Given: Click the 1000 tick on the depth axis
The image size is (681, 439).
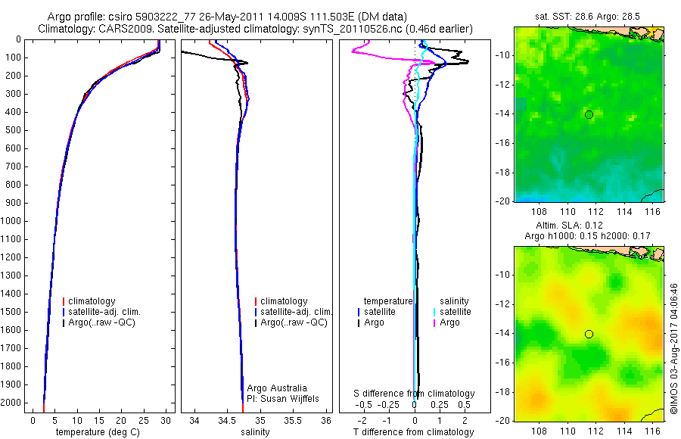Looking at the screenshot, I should [13, 221].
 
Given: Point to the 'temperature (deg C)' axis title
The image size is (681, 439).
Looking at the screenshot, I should [95, 432].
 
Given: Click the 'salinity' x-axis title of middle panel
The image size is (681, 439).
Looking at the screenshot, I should [254, 432].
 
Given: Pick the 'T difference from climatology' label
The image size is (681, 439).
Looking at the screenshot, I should [415, 432].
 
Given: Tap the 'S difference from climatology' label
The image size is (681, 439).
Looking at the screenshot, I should [415, 394].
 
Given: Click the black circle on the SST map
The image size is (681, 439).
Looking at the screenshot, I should [589, 115].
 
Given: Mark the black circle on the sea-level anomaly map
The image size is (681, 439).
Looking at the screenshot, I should [589, 334].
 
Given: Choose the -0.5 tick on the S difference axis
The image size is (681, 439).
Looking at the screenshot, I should [367, 406].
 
